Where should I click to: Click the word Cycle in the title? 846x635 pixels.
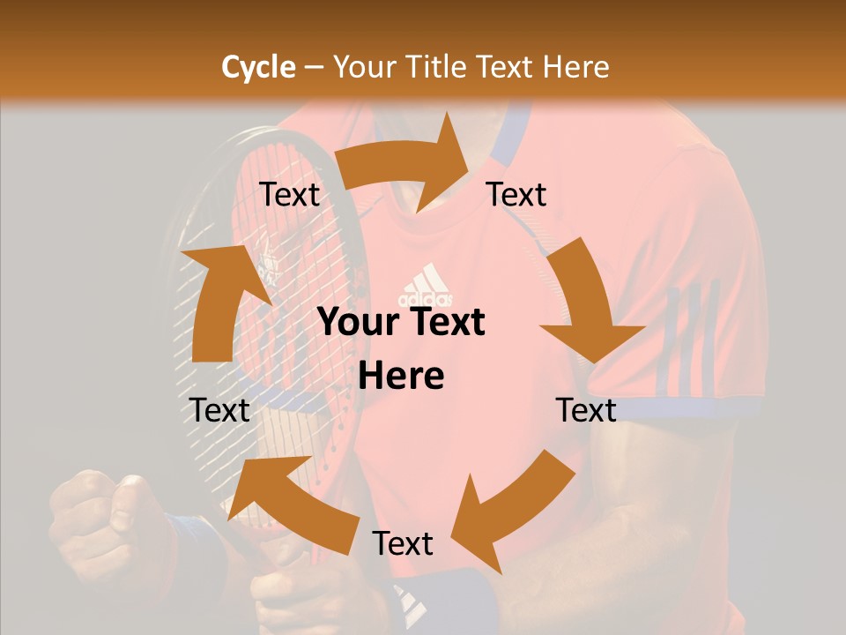(x=258, y=67)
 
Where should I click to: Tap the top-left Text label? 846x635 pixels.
(x=289, y=195)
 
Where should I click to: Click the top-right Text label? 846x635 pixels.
(x=516, y=195)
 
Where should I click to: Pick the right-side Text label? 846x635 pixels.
(x=586, y=410)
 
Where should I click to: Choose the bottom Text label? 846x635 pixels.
(x=403, y=543)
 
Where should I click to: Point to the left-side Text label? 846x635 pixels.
(x=219, y=410)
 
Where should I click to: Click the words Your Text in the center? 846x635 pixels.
(x=402, y=323)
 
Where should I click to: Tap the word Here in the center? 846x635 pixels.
(x=401, y=377)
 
